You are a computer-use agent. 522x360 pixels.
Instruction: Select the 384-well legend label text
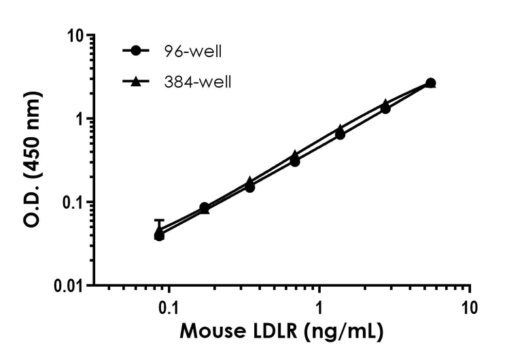(x=196, y=82)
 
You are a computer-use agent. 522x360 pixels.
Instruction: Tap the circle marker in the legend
(x=136, y=51)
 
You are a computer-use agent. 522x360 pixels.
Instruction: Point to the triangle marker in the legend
(x=136, y=82)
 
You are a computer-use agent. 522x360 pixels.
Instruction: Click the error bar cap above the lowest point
(x=159, y=220)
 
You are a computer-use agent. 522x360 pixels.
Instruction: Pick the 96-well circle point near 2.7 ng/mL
(x=385, y=109)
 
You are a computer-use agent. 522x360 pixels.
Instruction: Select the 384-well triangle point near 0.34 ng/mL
(x=249, y=181)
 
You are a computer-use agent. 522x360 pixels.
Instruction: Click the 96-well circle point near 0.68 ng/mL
(x=295, y=162)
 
